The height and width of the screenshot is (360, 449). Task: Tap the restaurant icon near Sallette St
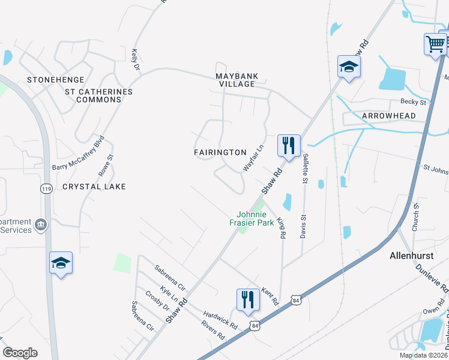[x=289, y=145]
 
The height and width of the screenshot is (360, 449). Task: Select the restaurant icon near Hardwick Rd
[x=248, y=299]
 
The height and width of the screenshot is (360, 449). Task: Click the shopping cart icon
[x=435, y=43]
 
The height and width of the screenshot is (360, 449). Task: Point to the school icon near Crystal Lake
[x=61, y=263]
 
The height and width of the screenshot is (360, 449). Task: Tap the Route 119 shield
[x=46, y=189]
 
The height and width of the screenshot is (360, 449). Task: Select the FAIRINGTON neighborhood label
[x=220, y=152]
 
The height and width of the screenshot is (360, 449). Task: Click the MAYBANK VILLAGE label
[x=237, y=80]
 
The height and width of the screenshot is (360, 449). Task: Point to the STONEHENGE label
[x=54, y=80]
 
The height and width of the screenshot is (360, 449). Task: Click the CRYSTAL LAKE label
[x=94, y=187]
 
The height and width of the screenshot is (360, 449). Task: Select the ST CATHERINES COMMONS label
[x=98, y=95]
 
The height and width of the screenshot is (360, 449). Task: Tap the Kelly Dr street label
[x=135, y=61]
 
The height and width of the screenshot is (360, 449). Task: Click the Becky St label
[x=414, y=102]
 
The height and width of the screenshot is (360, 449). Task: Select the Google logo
[x=20, y=352]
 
